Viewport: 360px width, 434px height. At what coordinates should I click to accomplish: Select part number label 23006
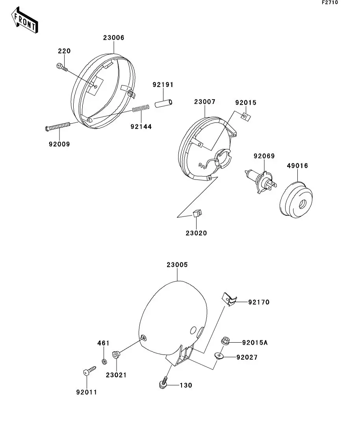tap(114, 38)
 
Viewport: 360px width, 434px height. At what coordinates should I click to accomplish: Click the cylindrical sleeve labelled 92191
tap(163, 104)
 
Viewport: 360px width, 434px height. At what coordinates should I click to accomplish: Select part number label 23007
tap(204, 102)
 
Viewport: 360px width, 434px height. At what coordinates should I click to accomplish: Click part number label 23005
tap(177, 265)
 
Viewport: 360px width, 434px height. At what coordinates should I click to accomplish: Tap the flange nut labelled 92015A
tap(226, 341)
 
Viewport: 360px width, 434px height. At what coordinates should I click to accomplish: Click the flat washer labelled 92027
tap(219, 356)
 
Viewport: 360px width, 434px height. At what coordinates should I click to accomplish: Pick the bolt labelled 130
tap(163, 384)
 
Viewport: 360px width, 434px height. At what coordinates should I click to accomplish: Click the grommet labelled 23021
tap(116, 355)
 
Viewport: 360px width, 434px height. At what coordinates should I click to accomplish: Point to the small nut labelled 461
tap(104, 361)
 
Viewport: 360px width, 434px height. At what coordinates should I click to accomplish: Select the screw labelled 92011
tap(89, 371)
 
